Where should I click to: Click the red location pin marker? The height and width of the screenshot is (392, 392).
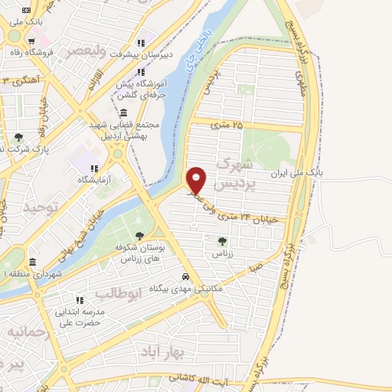coord(197,179)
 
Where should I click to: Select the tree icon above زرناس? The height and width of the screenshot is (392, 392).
coord(222,241)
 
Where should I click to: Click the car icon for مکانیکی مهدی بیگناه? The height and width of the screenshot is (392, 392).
coord(186,277)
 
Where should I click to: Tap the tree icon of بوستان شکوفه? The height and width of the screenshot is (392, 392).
coord(139,237)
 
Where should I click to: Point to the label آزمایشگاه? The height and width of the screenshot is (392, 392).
coord(93,179)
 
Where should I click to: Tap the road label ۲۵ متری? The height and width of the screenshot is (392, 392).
coord(227,124)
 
